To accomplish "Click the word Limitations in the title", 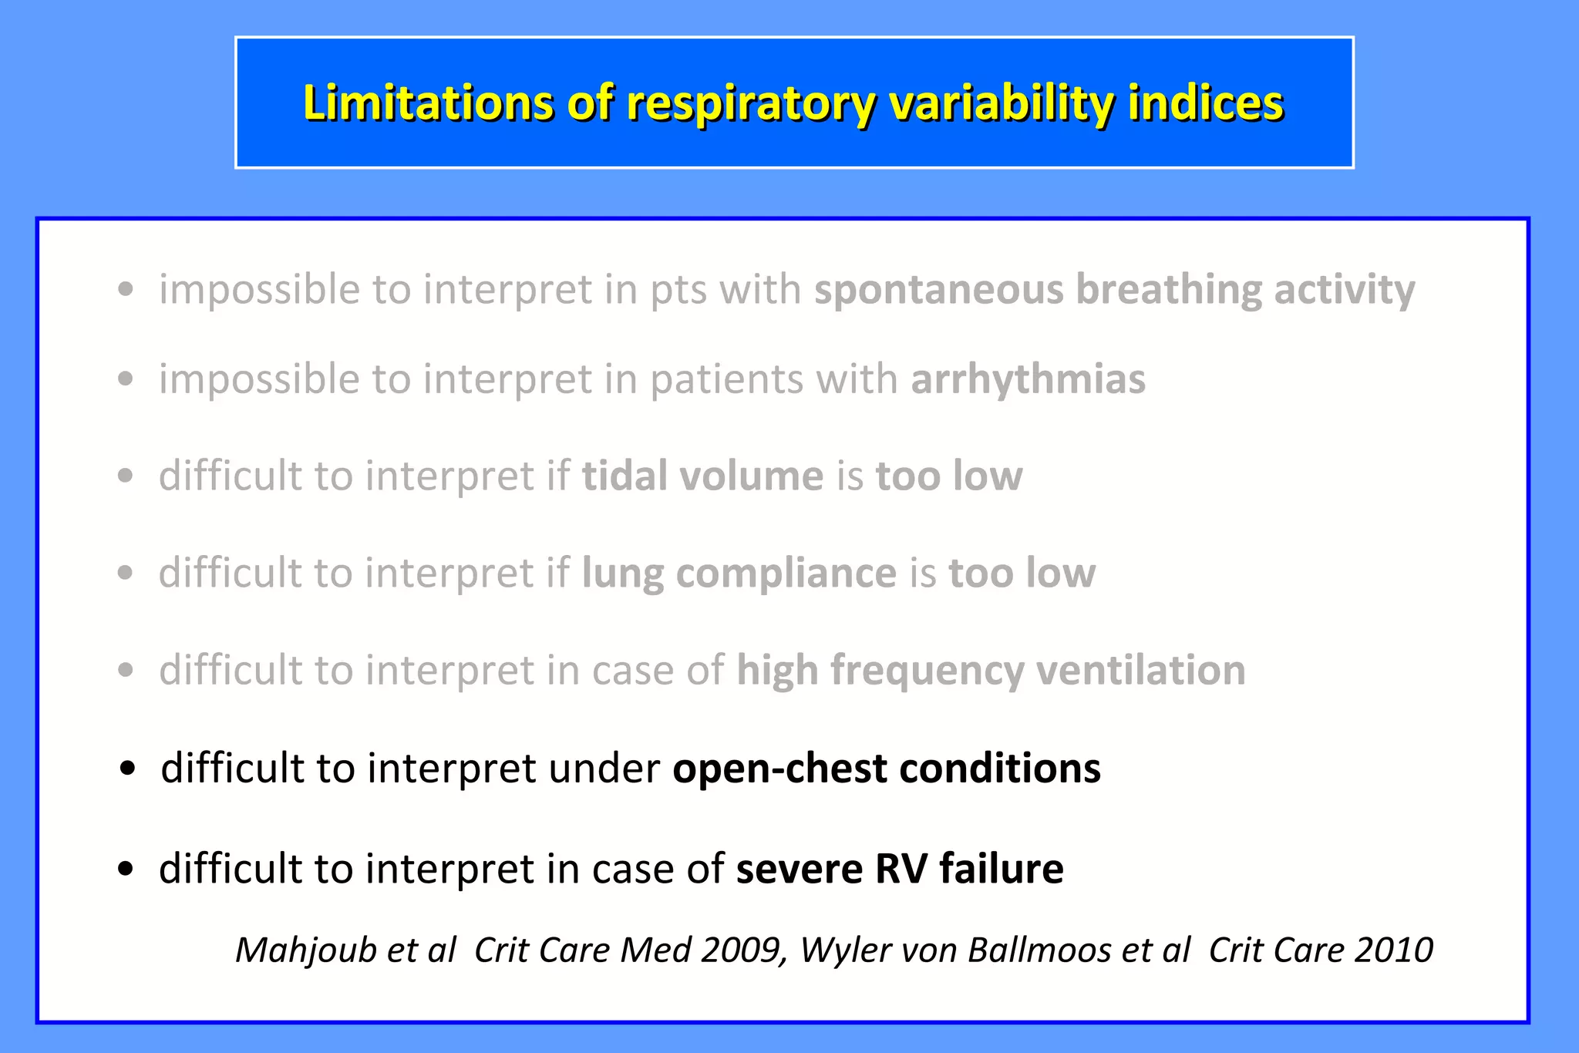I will tap(428, 103).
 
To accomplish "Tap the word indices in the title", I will tap(1206, 103).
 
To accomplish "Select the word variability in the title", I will tap(1002, 103).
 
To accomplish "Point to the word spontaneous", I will tap(938, 291).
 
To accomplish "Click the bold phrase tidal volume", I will tap(702, 476).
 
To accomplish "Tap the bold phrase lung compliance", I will tap(739, 574).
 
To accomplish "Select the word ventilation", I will tap(1141, 670).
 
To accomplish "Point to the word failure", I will tap(1002, 869).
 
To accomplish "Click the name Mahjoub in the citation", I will tap(305, 950).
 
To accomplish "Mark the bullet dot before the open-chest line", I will tap(128, 769).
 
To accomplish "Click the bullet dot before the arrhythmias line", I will tap(126, 379).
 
